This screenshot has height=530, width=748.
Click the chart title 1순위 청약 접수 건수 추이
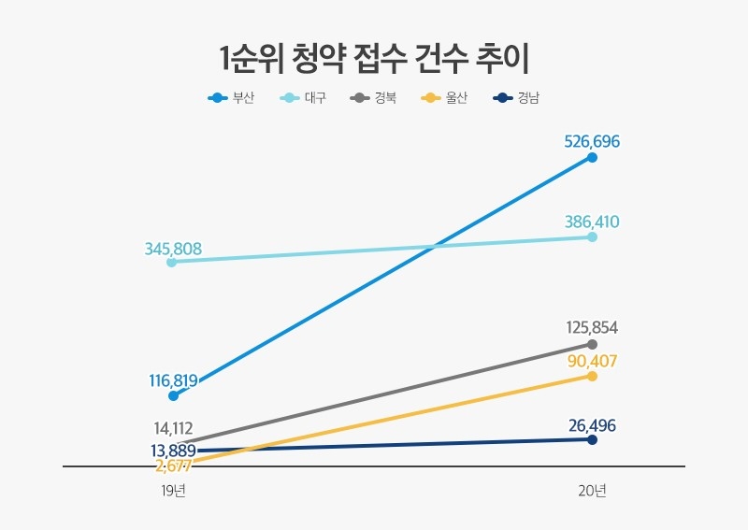click(374, 58)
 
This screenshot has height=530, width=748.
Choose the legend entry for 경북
click(373, 97)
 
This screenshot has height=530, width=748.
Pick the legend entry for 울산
click(445, 97)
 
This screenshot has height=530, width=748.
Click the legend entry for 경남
click(516, 97)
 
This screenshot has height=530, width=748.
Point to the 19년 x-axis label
click(173, 491)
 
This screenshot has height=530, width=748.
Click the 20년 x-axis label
click(593, 491)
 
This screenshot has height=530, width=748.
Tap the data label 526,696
click(592, 141)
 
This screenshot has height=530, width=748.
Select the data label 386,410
click(592, 222)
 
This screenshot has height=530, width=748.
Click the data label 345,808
click(173, 249)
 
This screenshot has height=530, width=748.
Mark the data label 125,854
click(592, 328)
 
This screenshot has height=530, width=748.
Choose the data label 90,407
click(592, 360)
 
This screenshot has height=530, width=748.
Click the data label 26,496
click(592, 426)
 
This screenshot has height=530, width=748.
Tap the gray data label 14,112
click(173, 428)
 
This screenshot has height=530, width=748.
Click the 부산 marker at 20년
click(592, 158)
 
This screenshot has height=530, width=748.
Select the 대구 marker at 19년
click(172, 263)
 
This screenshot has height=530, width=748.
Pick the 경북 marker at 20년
click(592, 344)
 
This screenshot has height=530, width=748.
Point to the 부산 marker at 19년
click(173, 395)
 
